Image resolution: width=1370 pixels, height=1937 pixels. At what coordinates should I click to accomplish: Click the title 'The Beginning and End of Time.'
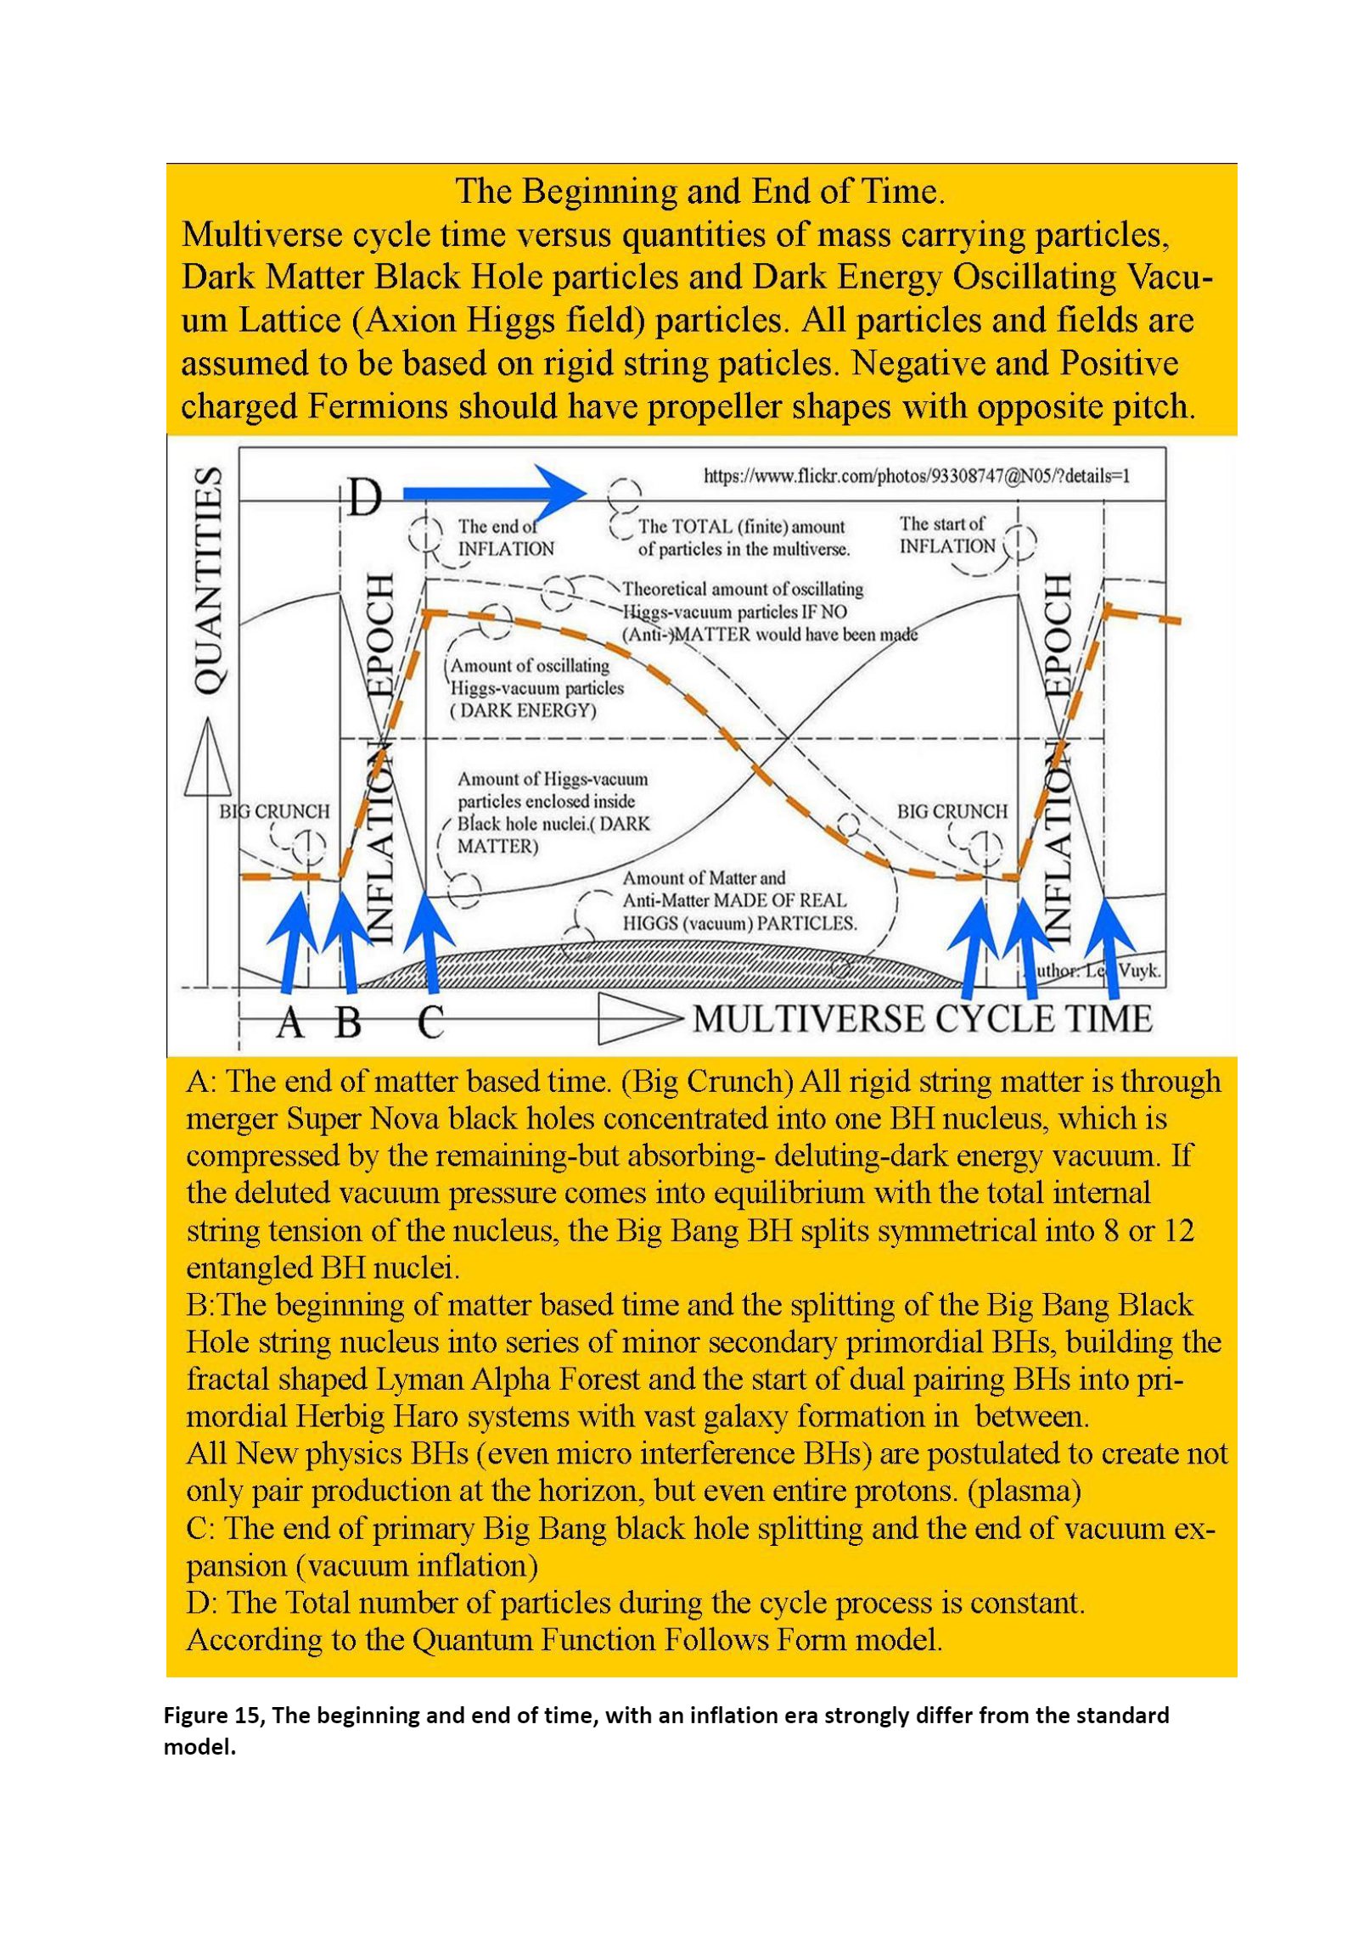pyautogui.click(x=699, y=192)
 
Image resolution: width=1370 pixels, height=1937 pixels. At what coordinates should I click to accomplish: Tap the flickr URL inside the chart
pyautogui.click(x=916, y=475)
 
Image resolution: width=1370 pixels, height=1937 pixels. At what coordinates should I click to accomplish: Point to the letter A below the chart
pyautogui.click(x=289, y=1023)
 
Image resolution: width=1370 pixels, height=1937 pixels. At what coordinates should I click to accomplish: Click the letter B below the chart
pyautogui.click(x=347, y=1023)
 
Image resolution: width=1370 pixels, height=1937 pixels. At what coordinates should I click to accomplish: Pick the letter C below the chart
pyautogui.click(x=430, y=1023)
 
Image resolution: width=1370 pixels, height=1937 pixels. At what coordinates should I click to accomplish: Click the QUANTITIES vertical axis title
pyautogui.click(x=210, y=580)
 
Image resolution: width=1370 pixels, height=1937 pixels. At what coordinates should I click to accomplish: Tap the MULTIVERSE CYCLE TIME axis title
pyautogui.click(x=922, y=1019)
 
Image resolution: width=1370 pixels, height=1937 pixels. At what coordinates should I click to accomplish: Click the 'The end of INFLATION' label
pyautogui.click(x=504, y=537)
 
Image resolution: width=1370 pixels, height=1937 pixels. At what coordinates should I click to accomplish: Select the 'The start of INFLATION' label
pyautogui.click(x=946, y=535)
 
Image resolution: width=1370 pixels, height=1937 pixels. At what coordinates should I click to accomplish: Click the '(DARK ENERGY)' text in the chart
pyautogui.click(x=523, y=711)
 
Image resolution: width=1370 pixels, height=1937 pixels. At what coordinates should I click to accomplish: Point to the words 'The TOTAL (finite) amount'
pyautogui.click(x=741, y=527)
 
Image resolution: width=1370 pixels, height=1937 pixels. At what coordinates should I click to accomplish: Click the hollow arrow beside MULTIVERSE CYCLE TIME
pyautogui.click(x=638, y=1019)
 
